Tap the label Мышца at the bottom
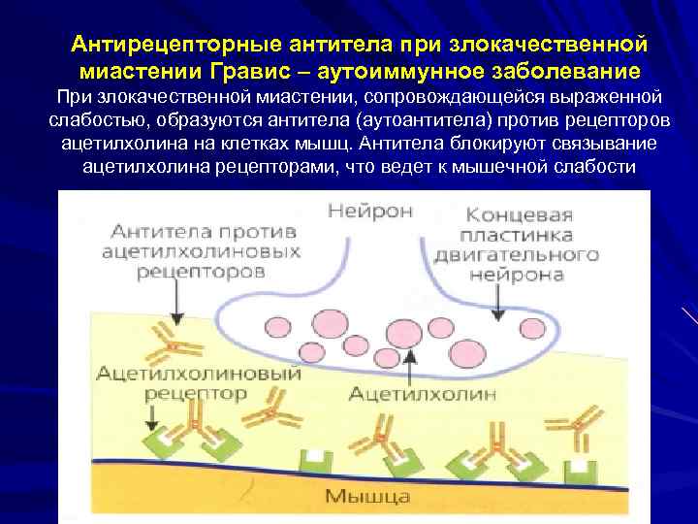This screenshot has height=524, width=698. coord(366,497)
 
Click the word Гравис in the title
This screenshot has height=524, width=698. coord(246,71)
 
